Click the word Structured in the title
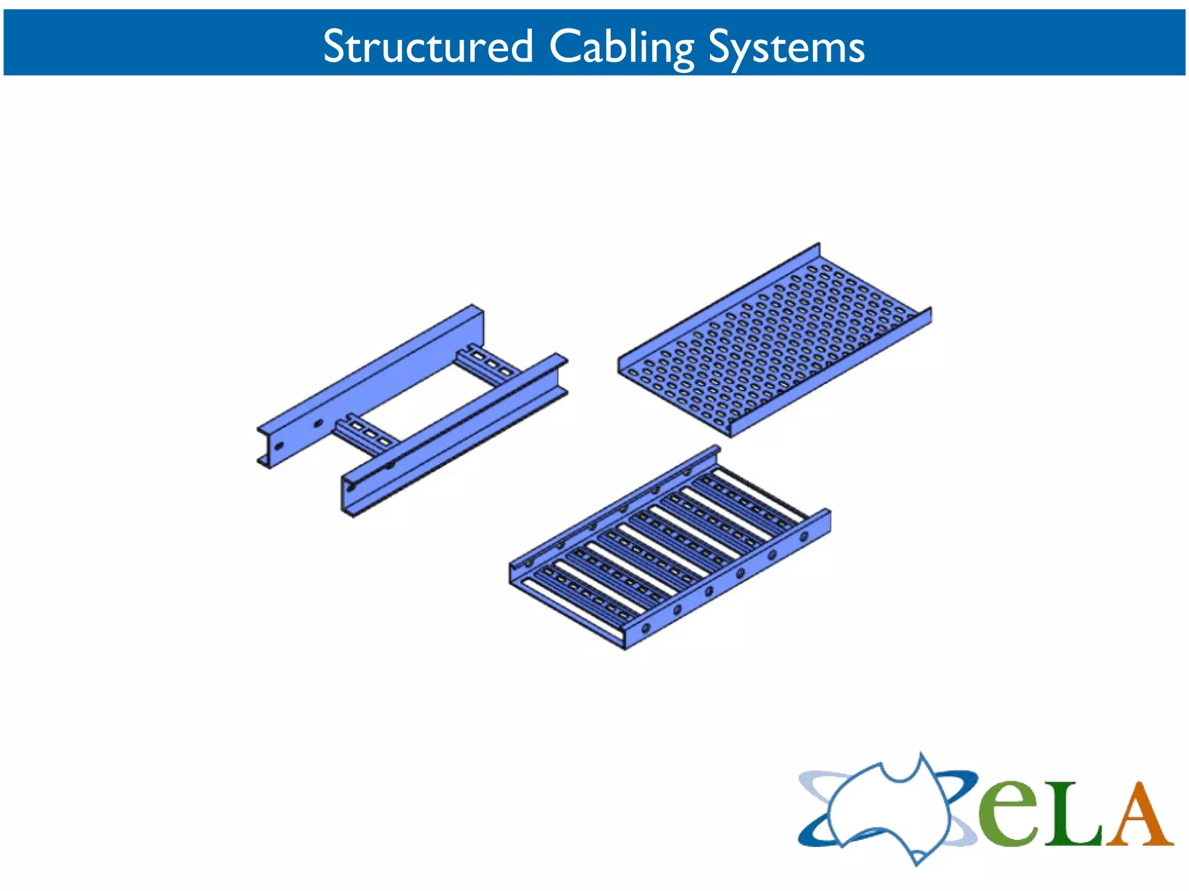pos(427,46)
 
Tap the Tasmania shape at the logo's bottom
pos(917,857)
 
